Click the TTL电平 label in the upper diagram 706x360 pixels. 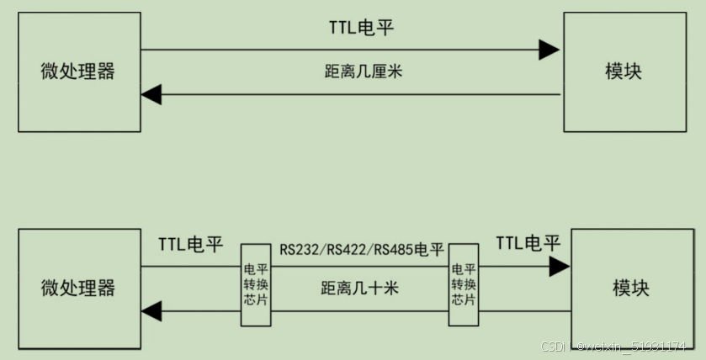click(x=361, y=28)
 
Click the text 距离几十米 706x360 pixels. click(x=359, y=289)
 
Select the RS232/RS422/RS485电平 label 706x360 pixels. click(x=362, y=250)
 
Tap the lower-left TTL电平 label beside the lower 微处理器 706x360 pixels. click(x=191, y=245)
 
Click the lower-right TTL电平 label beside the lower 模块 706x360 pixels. click(x=528, y=244)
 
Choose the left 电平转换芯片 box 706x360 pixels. click(x=255, y=285)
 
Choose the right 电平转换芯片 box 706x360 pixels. click(x=463, y=284)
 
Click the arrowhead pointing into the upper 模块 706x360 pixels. click(x=549, y=50)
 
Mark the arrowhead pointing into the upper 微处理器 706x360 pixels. click(x=151, y=94)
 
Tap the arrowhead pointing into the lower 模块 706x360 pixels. click(x=559, y=267)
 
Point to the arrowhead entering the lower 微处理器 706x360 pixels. click(x=151, y=311)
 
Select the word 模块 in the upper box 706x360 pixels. click(x=624, y=71)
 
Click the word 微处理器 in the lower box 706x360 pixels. click(x=77, y=289)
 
